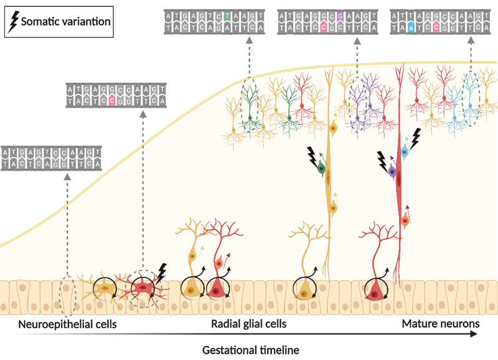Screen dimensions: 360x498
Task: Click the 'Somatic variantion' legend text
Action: [x=66, y=22]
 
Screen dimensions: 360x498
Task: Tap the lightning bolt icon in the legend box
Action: [x=12, y=21]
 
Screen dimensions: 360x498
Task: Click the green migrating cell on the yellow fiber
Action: [x=322, y=168]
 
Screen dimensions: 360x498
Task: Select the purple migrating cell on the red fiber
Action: [x=393, y=170]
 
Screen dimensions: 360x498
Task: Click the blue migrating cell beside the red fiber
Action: [x=404, y=151]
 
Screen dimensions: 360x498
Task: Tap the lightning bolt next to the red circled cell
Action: [x=161, y=271]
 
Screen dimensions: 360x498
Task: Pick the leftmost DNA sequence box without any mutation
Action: [x=52, y=158]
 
